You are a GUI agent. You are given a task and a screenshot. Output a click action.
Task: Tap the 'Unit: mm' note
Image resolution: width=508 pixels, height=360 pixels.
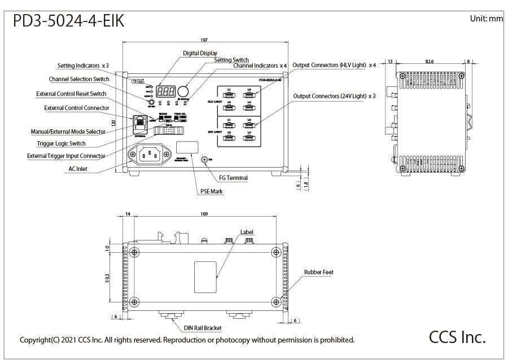click(x=485, y=19)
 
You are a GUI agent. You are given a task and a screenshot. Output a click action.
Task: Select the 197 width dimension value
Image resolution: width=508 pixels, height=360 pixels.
click(x=204, y=40)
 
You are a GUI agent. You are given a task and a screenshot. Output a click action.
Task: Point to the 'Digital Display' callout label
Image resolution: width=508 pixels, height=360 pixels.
click(x=200, y=53)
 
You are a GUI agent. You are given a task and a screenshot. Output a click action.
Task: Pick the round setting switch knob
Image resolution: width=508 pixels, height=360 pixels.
click(x=183, y=91)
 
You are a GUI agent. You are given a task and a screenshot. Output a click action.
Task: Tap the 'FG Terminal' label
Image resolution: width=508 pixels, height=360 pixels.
click(x=234, y=178)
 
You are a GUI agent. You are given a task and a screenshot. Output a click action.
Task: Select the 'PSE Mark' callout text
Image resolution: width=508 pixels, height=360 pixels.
click(x=212, y=192)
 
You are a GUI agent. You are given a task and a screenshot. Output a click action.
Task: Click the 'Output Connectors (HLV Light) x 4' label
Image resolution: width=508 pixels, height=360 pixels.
click(x=334, y=65)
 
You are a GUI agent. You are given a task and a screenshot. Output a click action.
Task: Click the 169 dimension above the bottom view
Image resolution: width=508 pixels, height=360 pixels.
click(x=204, y=214)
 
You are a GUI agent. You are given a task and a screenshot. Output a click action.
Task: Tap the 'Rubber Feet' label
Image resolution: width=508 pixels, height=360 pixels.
click(x=318, y=272)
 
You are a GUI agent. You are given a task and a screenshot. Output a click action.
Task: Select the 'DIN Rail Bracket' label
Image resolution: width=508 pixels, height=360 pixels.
click(x=203, y=327)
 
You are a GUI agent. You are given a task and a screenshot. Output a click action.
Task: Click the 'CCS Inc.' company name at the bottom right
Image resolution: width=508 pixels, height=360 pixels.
click(x=457, y=337)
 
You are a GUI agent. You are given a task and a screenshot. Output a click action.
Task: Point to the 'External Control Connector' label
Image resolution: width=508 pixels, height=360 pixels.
click(x=77, y=108)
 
